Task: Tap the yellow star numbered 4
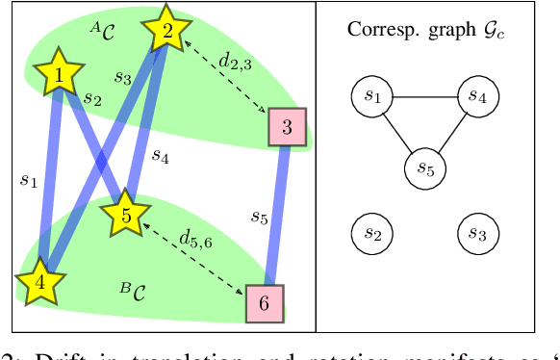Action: pos(39,283)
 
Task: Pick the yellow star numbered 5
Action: pos(125,216)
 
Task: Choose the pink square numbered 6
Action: pos(263,302)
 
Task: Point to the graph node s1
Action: pos(371,96)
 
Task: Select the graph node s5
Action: pos(423,168)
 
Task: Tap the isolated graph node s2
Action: pos(371,233)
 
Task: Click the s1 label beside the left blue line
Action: pos(27,179)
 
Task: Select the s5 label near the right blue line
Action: pos(259,218)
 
